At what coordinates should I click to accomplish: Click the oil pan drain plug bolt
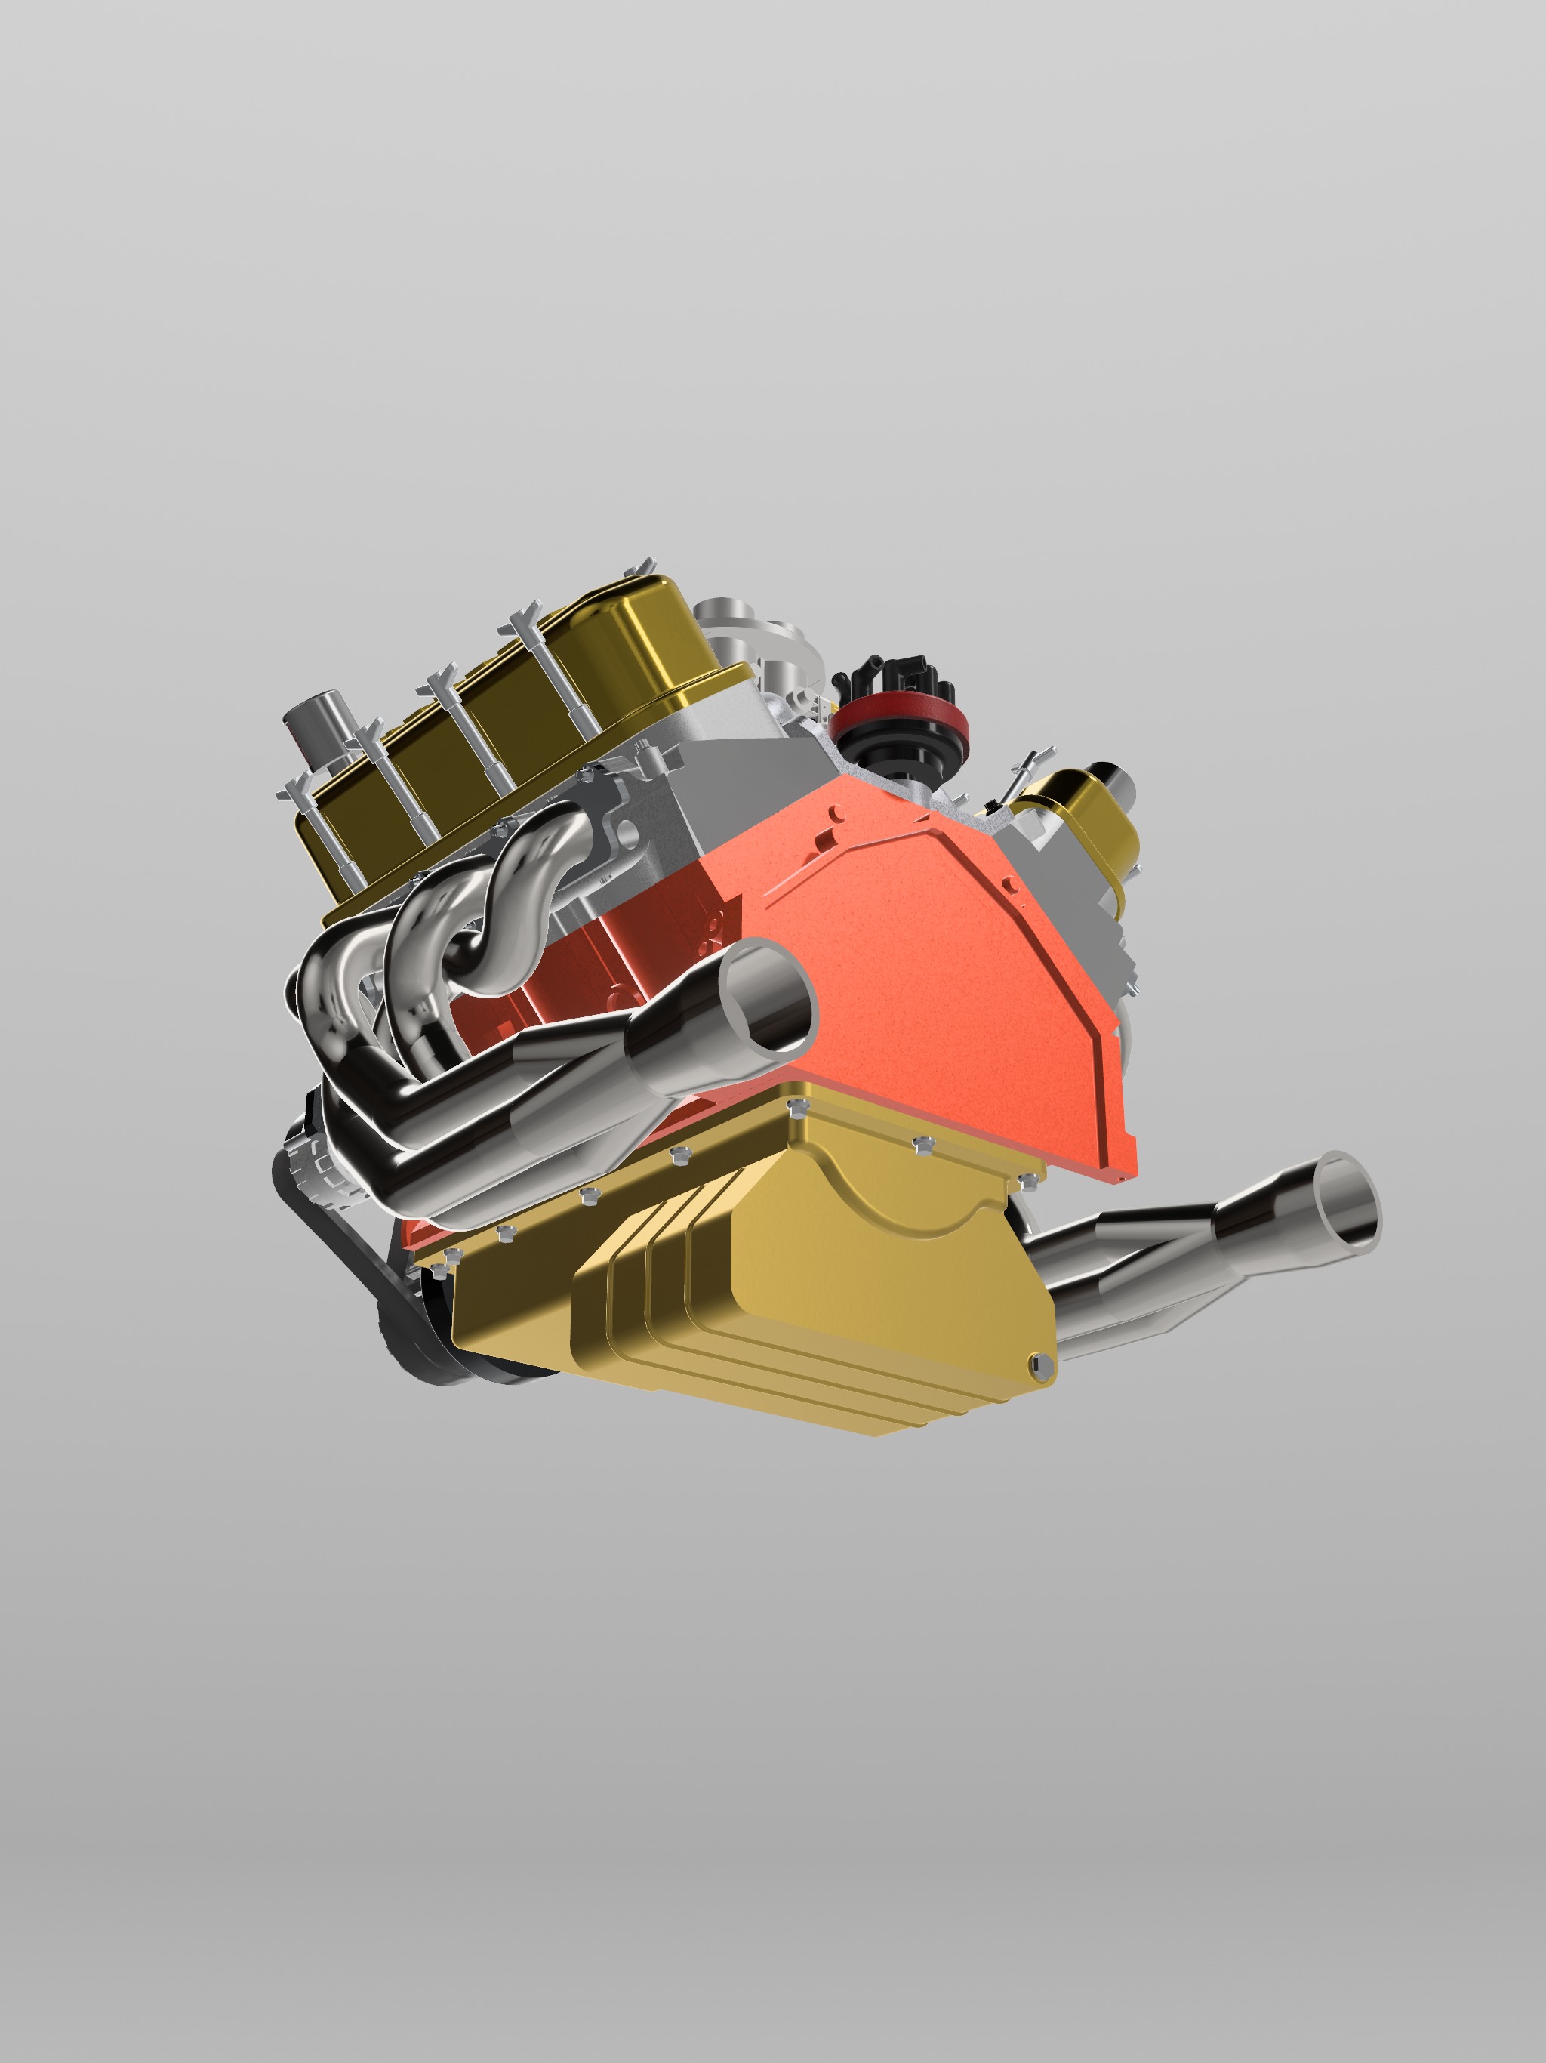click(1042, 1365)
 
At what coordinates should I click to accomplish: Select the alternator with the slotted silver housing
click(313, 1161)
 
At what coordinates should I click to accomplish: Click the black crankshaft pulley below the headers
click(420, 1334)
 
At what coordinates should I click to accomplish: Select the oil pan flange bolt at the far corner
click(1027, 1181)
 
